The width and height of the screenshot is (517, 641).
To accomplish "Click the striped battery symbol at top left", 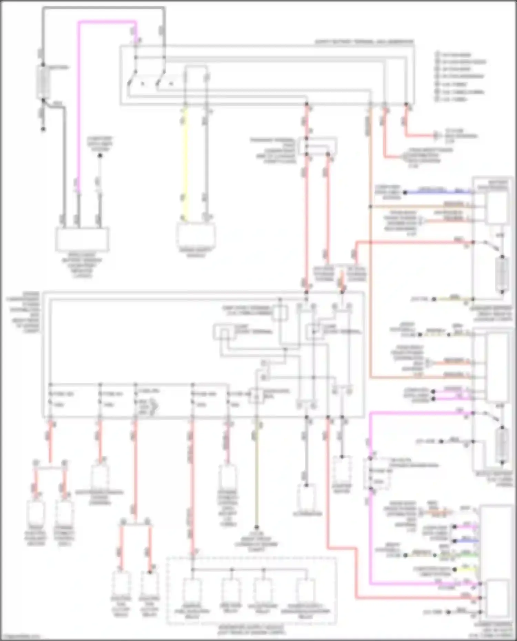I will [43, 82].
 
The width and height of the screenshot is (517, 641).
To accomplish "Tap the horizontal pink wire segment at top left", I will [107, 22].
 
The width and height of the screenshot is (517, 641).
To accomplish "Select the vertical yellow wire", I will [185, 162].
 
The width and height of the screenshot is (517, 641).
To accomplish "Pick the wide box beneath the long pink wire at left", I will [82, 239].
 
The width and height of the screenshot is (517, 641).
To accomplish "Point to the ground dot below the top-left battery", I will [43, 129].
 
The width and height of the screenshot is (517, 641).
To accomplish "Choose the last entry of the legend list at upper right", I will [452, 99].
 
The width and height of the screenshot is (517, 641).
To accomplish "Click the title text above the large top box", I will [364, 42].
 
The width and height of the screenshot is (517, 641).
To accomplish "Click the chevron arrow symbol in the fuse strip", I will [154, 407].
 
